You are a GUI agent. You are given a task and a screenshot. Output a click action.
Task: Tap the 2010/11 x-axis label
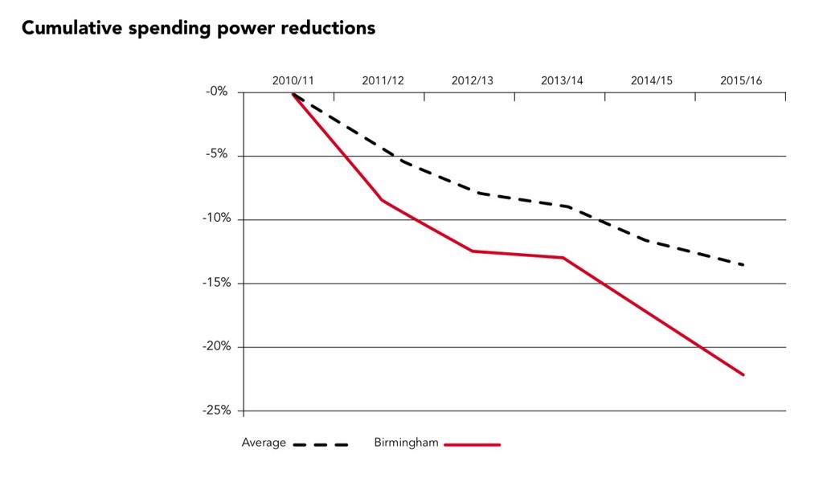[293, 81]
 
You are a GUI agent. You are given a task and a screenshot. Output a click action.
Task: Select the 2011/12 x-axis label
[383, 81]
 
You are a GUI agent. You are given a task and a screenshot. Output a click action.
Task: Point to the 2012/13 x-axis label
[473, 81]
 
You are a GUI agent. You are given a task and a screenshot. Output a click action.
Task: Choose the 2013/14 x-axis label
[562, 81]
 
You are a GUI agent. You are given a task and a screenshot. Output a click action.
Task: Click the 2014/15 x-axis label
[651, 81]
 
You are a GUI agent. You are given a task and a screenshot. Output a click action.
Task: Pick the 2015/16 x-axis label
[741, 81]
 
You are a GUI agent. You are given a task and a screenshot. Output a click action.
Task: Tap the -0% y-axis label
[217, 92]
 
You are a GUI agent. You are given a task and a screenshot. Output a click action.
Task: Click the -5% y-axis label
[217, 153]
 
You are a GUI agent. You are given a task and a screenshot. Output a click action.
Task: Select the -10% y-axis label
[217, 218]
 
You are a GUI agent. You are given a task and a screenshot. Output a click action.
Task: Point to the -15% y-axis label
[217, 283]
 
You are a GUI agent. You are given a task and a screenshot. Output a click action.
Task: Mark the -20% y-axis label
[217, 346]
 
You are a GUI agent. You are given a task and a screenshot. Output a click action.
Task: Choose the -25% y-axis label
[217, 411]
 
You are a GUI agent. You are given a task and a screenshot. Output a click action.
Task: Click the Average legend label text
[264, 443]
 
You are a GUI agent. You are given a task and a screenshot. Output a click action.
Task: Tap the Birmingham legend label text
[406, 443]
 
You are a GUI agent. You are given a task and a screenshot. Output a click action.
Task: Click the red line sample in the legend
[473, 445]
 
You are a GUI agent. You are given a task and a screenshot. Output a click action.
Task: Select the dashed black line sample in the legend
[321, 445]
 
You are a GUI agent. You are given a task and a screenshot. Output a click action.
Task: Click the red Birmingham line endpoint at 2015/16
[743, 374]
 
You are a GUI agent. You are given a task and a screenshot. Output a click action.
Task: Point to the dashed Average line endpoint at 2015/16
[743, 265]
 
